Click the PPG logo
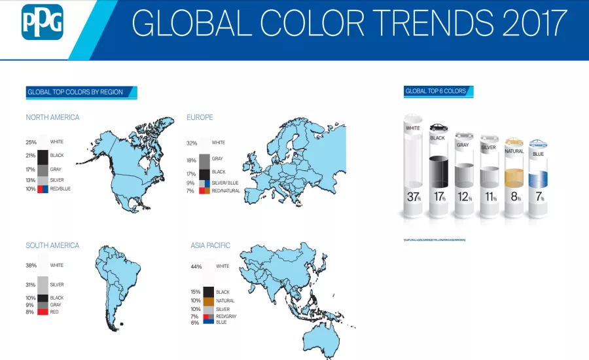[x=43, y=22]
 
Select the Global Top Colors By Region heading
[x=75, y=92]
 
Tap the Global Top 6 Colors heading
[x=436, y=91]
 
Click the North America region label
[x=52, y=117]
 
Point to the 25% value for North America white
[x=31, y=142]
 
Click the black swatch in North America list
[x=43, y=156]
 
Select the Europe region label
[x=200, y=117]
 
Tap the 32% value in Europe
[x=192, y=143]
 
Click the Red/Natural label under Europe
[x=226, y=190]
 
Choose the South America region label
[x=52, y=245]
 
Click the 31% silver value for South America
[x=31, y=285]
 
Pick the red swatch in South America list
[x=43, y=312]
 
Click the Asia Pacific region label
[x=210, y=245]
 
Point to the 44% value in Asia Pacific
[x=196, y=266]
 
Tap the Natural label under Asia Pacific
[x=225, y=300]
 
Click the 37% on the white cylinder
[x=413, y=197]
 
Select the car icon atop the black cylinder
[x=438, y=128]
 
